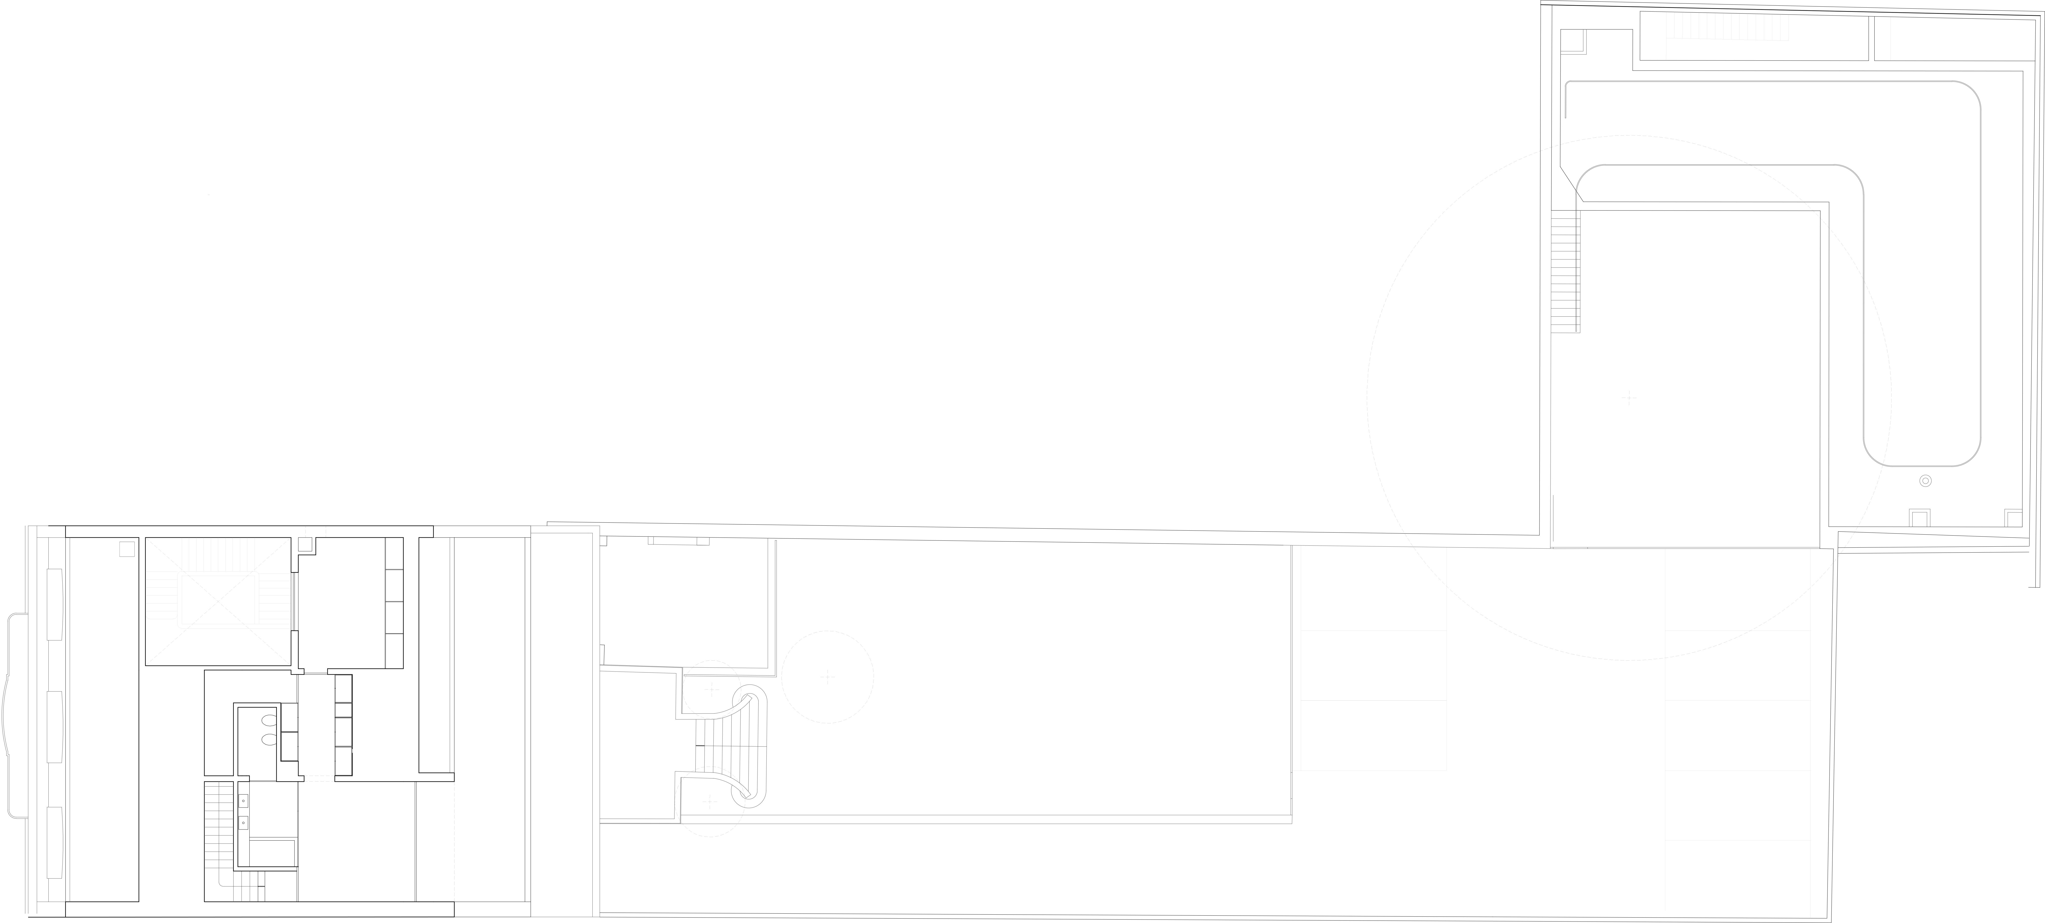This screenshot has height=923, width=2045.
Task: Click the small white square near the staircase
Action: point(127,550)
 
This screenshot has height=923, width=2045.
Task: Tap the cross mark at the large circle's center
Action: point(1629,398)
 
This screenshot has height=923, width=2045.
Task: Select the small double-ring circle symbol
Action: point(1925,481)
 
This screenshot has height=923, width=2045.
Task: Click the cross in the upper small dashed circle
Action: point(711,690)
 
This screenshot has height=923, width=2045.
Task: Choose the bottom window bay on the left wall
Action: point(55,842)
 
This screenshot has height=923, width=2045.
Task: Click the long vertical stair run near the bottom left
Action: point(219,834)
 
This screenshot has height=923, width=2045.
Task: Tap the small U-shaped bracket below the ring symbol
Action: point(1919,518)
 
